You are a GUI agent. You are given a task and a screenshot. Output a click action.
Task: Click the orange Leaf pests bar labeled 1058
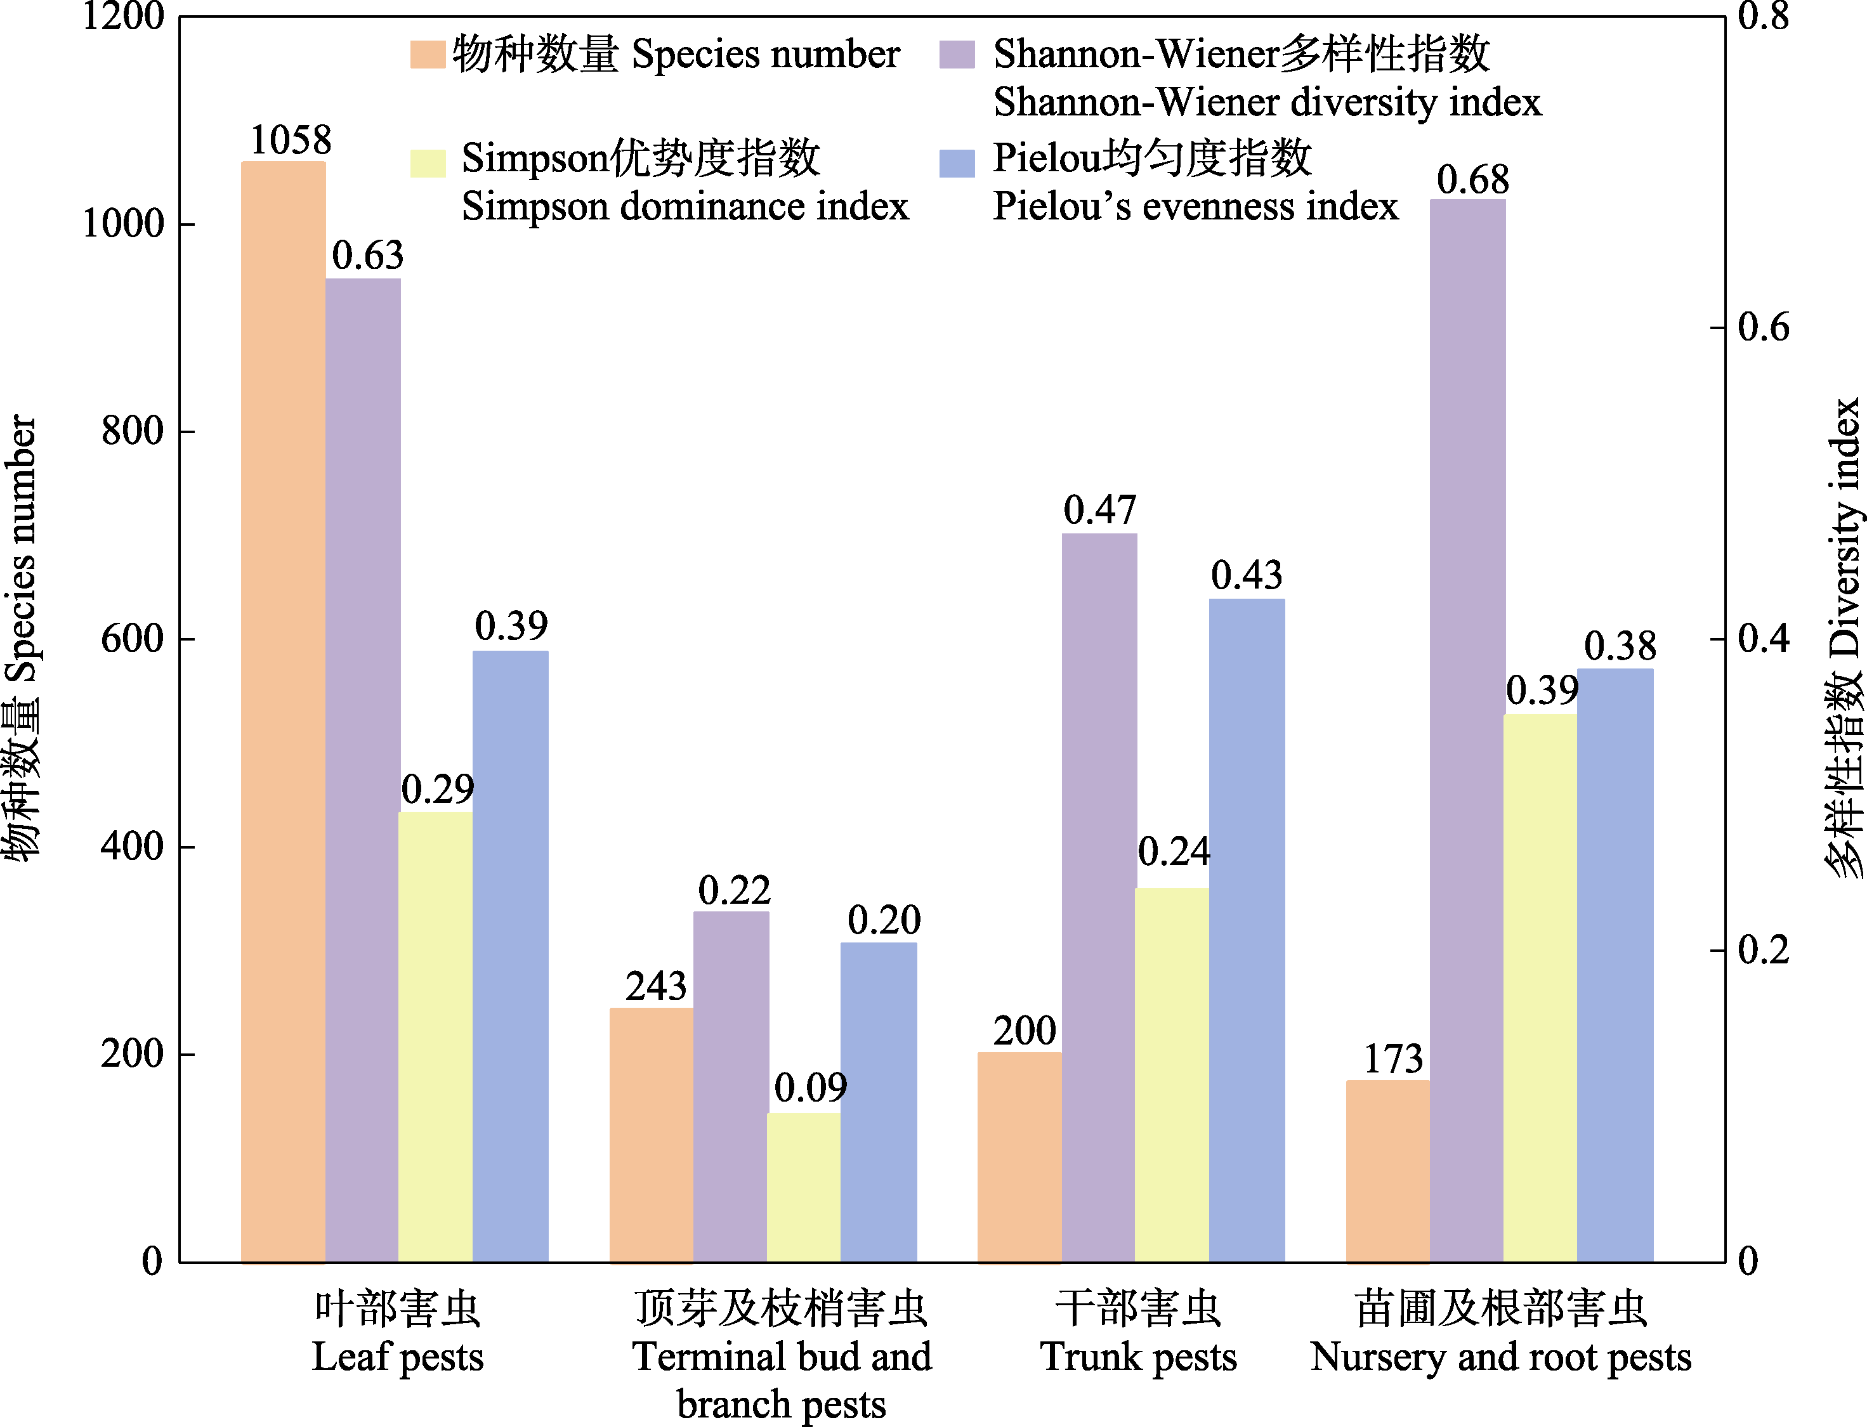click(283, 712)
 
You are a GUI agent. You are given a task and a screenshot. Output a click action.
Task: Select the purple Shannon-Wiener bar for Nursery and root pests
click(1467, 731)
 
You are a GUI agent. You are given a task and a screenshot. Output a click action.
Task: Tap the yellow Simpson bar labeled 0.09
click(804, 1187)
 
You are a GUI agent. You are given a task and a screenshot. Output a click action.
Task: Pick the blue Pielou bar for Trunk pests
click(1246, 930)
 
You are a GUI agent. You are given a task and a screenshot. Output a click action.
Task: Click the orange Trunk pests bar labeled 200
click(1019, 1157)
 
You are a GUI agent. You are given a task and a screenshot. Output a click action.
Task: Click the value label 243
click(656, 987)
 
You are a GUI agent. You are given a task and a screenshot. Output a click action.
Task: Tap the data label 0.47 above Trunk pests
click(1100, 511)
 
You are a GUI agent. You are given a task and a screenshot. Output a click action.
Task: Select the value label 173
click(1393, 1059)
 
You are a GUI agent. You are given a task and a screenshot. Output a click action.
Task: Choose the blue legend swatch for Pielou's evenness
click(957, 163)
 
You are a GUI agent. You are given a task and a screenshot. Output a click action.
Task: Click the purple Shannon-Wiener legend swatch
click(957, 55)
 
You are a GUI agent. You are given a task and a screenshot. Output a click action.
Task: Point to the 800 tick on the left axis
click(132, 431)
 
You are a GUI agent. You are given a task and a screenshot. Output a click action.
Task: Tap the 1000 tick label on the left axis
click(122, 225)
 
